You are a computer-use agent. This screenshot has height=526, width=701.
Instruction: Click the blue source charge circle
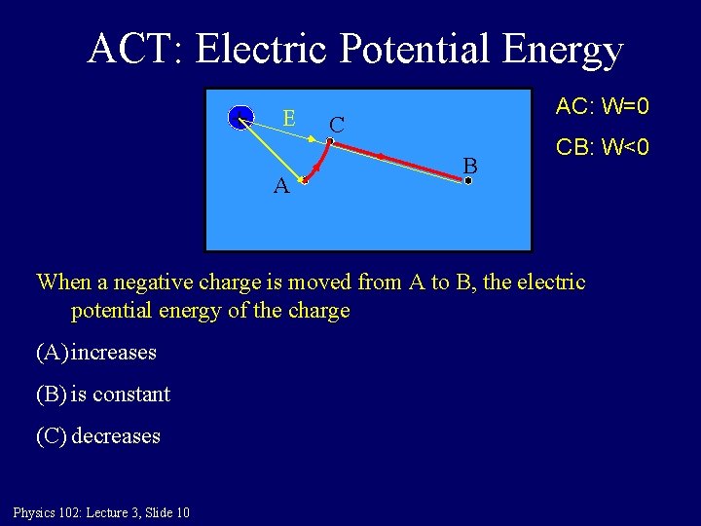pos(240,119)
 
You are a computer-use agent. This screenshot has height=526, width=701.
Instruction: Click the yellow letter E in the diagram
pos(289,118)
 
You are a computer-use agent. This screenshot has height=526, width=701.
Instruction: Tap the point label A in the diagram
pos(280,186)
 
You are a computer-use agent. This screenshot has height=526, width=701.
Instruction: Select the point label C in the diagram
pos(336,125)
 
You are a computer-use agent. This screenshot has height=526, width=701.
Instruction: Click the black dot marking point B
pos(467,180)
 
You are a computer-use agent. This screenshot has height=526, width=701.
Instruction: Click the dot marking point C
pos(330,142)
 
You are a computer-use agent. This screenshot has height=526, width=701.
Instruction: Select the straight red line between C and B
pos(399,161)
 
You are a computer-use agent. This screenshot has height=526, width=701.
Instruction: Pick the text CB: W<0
pos(602,148)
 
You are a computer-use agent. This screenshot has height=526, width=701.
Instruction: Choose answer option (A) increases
pos(96,352)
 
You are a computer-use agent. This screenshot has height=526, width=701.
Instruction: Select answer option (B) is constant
pos(102,394)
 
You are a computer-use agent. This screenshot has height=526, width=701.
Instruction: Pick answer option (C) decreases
pos(98,436)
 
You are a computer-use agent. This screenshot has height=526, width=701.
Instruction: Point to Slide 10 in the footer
pos(166,512)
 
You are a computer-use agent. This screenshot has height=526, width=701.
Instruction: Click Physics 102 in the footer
pos(48,512)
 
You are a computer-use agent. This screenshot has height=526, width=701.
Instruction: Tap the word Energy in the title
pos(563,49)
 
